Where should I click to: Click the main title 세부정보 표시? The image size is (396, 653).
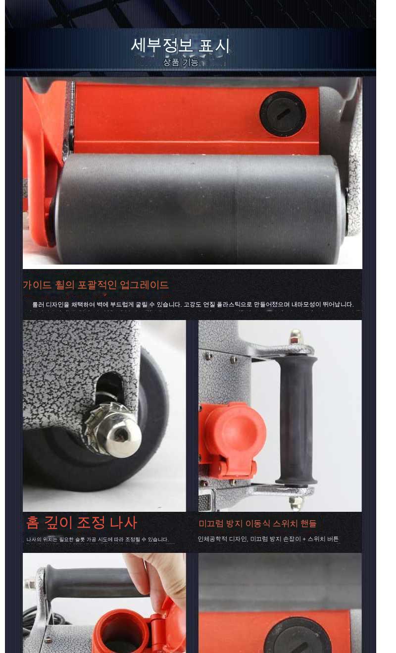[180, 46]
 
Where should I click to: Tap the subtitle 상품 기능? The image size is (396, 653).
[181, 62]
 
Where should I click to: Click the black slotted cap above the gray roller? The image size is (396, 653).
[283, 114]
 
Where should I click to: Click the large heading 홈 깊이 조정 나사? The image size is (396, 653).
[82, 523]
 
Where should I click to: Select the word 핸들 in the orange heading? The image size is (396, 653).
[308, 524]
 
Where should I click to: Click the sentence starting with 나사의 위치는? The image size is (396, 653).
[98, 540]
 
